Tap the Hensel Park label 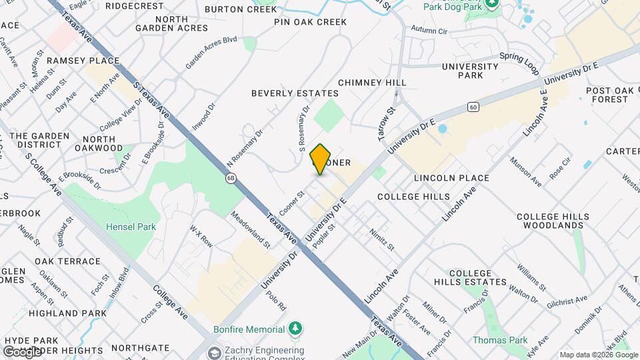tap(131, 227)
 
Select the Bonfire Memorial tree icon tap(295, 329)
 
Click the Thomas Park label tap(495, 340)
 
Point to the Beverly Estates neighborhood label tap(295, 93)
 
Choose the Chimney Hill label tap(372, 82)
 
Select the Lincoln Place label tap(451, 178)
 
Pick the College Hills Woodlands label tap(553, 221)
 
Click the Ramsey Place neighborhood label tap(83, 61)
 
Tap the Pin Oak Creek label tap(311, 22)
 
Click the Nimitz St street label tap(383, 240)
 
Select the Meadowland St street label tap(249, 230)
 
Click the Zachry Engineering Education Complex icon tap(215, 353)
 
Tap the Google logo tap(22, 352)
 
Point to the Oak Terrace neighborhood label tap(67, 261)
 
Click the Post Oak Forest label tap(607, 95)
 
